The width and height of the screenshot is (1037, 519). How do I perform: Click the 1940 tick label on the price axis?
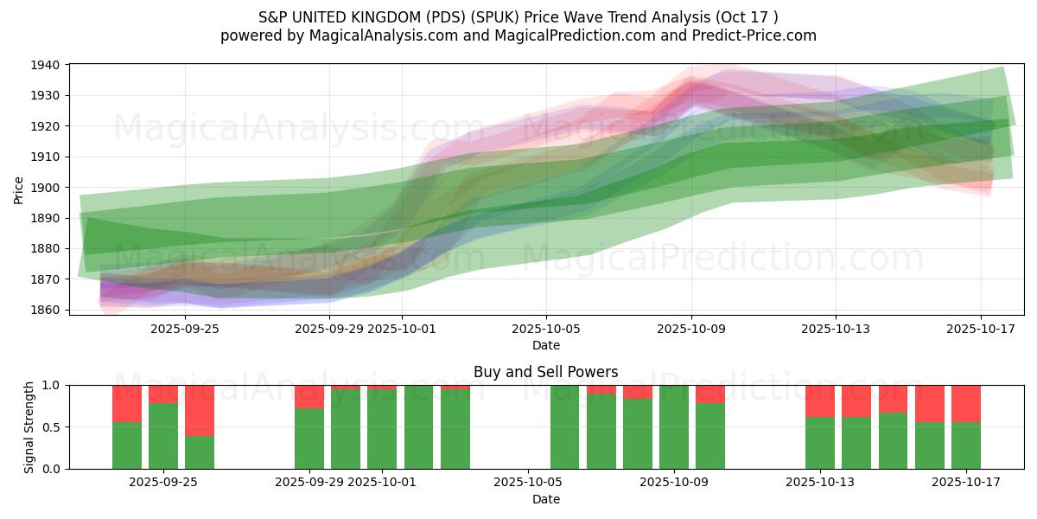(x=45, y=65)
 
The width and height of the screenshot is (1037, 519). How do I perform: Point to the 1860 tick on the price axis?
(x=45, y=310)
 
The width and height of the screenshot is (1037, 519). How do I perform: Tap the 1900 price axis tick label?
(x=45, y=188)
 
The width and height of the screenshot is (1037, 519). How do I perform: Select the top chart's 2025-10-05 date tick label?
(x=545, y=329)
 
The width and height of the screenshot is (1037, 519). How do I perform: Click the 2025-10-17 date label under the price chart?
(x=981, y=329)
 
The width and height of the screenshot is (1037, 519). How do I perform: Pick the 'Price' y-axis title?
(x=19, y=189)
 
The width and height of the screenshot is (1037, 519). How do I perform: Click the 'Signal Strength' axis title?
(x=29, y=426)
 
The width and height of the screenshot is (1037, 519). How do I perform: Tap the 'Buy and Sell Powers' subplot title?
(x=545, y=372)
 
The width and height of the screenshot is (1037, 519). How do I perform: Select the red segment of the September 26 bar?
(x=200, y=410)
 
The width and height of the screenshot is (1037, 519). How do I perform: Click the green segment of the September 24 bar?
(x=127, y=445)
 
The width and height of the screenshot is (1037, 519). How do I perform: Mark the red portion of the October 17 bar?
(x=966, y=403)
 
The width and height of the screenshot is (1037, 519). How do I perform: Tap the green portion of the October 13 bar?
(x=820, y=443)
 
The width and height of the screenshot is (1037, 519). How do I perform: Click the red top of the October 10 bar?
(x=710, y=394)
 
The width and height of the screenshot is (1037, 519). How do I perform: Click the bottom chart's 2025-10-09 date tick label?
(x=673, y=482)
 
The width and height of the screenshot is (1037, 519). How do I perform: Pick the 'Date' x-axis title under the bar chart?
(x=545, y=499)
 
